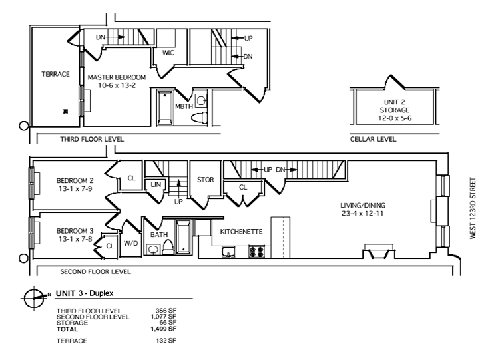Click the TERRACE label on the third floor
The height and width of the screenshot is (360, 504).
(x=55, y=74)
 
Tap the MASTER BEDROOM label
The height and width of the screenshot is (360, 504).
(x=117, y=77)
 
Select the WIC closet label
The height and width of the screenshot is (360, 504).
(x=168, y=53)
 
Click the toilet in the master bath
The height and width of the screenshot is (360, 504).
(x=200, y=118)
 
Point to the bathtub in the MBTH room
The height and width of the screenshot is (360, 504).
(x=165, y=108)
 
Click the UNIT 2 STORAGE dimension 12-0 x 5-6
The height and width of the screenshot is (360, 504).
(x=395, y=118)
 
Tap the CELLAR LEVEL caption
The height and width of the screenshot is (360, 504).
(x=373, y=139)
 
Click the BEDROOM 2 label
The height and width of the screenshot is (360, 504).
(x=75, y=180)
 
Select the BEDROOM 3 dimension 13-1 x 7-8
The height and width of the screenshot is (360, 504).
(x=75, y=239)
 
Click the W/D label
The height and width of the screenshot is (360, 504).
(x=130, y=244)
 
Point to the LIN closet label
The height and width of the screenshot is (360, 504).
(x=156, y=184)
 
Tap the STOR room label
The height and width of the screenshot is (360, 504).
(x=205, y=180)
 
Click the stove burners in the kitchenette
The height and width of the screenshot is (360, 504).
(x=256, y=251)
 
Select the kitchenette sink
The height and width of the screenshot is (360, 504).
(x=228, y=252)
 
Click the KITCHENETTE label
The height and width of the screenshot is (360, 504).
(x=241, y=232)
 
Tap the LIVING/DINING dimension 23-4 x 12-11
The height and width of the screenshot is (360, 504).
(x=363, y=213)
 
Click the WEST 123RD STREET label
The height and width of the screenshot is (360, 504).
(x=473, y=208)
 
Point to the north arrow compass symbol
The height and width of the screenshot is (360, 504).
(x=34, y=298)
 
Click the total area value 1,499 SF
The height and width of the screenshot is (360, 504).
(x=164, y=329)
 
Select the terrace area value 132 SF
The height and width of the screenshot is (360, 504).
(x=166, y=341)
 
